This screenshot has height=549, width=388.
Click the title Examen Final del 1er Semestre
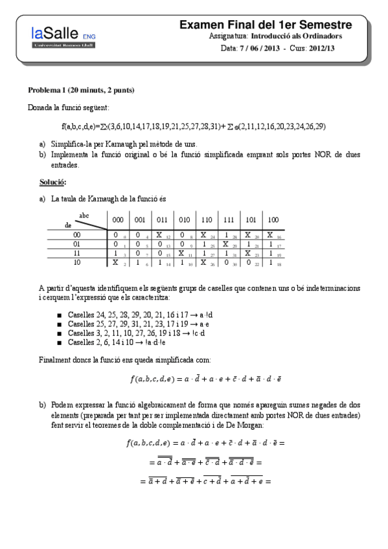[x=266, y=25]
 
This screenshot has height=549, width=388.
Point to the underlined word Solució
[x=52, y=183]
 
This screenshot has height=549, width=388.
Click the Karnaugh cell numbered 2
[x=118, y=263]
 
